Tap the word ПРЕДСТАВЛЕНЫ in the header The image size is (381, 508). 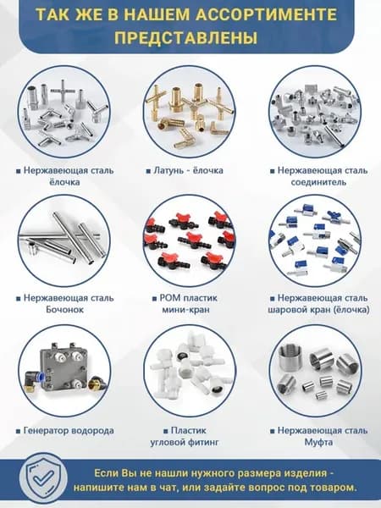point(186,38)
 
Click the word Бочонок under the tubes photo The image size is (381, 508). point(65,309)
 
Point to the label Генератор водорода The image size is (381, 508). point(69,431)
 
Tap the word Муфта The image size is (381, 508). point(318,442)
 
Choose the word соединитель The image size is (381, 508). point(318,182)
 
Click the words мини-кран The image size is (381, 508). point(185,309)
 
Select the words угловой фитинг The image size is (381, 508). point(185,442)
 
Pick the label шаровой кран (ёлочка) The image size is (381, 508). point(318,310)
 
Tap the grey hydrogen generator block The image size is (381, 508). point(63,369)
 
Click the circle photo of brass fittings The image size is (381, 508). point(190,112)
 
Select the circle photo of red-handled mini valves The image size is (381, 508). point(190,240)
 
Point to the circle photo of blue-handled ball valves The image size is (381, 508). point(315,240)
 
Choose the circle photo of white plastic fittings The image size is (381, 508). point(190,371)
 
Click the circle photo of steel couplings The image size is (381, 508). point(315,371)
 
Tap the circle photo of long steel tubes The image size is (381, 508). point(64,240)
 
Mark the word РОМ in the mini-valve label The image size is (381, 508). point(169,298)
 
